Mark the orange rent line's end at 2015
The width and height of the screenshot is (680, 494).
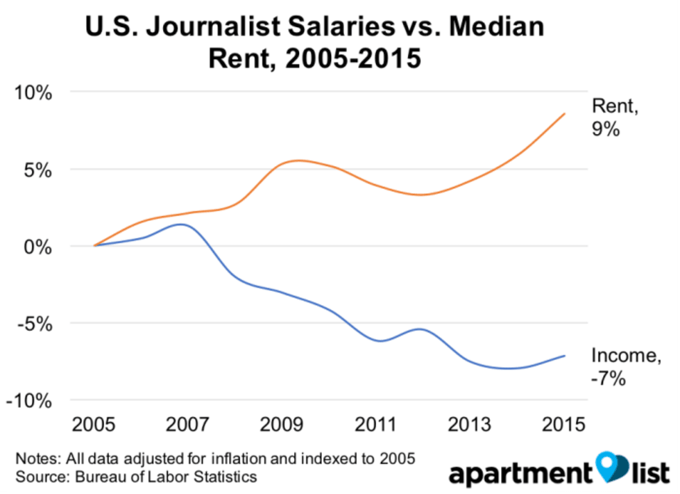tap(565, 113)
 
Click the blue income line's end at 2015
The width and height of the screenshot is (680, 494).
tap(565, 356)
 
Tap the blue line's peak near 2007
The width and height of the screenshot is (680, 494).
tap(180, 224)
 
